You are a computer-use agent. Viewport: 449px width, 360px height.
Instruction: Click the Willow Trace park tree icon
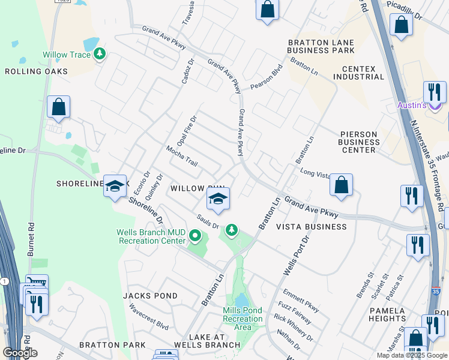tap(100, 55)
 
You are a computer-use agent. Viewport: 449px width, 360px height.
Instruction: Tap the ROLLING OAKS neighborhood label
tap(36, 71)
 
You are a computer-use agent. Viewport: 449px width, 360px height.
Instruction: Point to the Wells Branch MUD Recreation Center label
tap(152, 236)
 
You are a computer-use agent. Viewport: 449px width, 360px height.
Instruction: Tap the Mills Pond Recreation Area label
tap(243, 318)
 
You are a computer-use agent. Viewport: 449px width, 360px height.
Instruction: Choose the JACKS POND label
tap(150, 296)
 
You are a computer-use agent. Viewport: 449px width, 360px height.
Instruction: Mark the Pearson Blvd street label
tap(267, 77)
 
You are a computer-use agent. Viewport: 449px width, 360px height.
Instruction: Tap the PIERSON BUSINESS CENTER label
tap(360, 142)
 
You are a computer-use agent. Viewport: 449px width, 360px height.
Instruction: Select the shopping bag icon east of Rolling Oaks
tap(58, 107)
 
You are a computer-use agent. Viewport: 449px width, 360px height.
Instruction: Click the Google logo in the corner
tap(20, 353)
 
